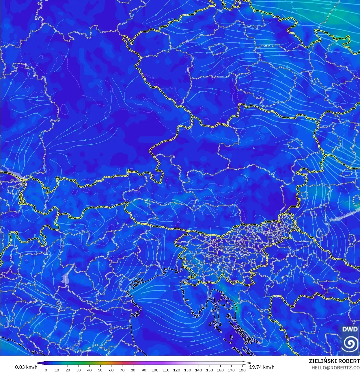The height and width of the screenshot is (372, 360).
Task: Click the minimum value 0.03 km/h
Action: pos(26,367)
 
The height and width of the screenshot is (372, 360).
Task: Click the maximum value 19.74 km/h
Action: pos(262,367)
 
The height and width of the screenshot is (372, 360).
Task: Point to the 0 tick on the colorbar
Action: pos(46,370)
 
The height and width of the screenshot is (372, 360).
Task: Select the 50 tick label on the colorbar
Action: pos(100,370)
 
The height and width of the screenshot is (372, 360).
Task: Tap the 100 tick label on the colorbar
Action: pos(155,370)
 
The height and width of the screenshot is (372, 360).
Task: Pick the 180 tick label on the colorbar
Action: pos(242,370)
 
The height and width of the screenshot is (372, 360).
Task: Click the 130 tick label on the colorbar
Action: pos(188,370)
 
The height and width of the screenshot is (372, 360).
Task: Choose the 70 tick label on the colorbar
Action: pos(122,370)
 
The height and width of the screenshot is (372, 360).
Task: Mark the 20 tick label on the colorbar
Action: pos(68,370)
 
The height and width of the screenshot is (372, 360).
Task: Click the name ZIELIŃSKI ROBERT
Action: pos(334,361)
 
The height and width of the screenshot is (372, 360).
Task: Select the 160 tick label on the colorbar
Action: pos(220,370)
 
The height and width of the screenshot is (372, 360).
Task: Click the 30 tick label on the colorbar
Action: pos(79,370)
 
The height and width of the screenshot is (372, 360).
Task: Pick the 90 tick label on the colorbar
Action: pos(144,370)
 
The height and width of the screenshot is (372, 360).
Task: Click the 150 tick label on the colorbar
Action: pos(209,370)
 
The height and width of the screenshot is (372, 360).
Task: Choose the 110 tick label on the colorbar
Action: pos(166,370)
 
